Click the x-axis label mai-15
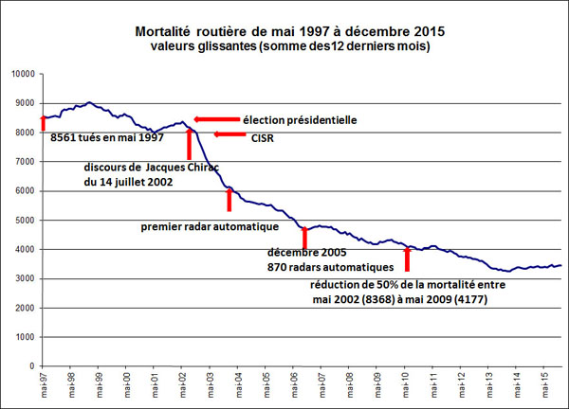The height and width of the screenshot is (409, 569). [543, 383]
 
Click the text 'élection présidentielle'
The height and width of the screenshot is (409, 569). [297, 119]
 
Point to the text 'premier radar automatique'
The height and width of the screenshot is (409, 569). [209, 227]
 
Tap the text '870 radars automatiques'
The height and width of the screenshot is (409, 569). [327, 268]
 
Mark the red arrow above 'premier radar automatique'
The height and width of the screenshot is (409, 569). [229, 200]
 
